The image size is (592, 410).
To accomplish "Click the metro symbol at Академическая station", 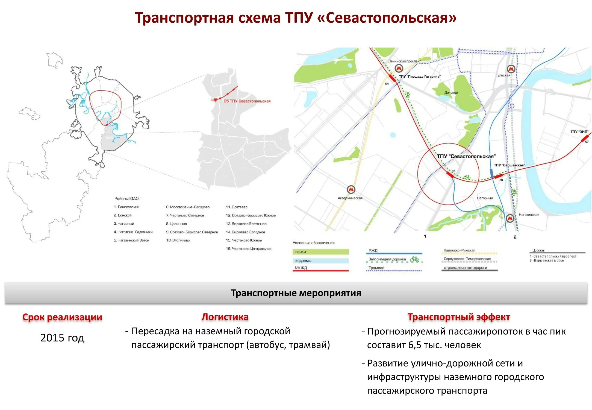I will pyautogui.click(x=351, y=189).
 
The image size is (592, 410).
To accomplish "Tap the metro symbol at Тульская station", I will pyautogui.click(x=511, y=69).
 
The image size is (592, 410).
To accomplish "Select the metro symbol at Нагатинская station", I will pyautogui.click(x=510, y=218).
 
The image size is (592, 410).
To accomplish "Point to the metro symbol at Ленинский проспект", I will pyautogui.click(x=399, y=68).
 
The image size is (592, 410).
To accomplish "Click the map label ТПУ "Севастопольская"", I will pyautogui.click(x=466, y=156).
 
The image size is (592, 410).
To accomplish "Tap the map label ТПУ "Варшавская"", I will pyautogui.click(x=509, y=165).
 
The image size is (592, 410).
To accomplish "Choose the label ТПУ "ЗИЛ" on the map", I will pyautogui.click(x=579, y=132).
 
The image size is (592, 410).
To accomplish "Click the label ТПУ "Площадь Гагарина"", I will pyautogui.click(x=420, y=77).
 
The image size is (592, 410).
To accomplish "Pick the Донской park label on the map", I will pyautogui.click(x=451, y=93).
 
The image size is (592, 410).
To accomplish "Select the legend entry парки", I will pyautogui.click(x=301, y=252).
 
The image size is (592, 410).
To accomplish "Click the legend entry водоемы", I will pyautogui.click(x=303, y=261).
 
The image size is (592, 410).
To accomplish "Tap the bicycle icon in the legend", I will pyautogui.click(x=414, y=259).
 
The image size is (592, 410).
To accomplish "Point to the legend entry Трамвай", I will pyautogui.click(x=376, y=268).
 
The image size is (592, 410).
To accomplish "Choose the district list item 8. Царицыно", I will pyautogui.click(x=176, y=224).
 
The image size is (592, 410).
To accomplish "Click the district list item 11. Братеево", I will pyautogui.click(x=237, y=207).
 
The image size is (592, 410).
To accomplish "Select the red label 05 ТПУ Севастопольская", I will pyautogui.click(x=247, y=101).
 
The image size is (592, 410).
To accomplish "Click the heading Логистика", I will pyautogui.click(x=225, y=317).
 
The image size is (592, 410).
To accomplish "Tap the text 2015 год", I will pyautogui.click(x=62, y=338).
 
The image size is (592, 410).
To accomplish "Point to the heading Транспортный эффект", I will pyautogui.click(x=459, y=317).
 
